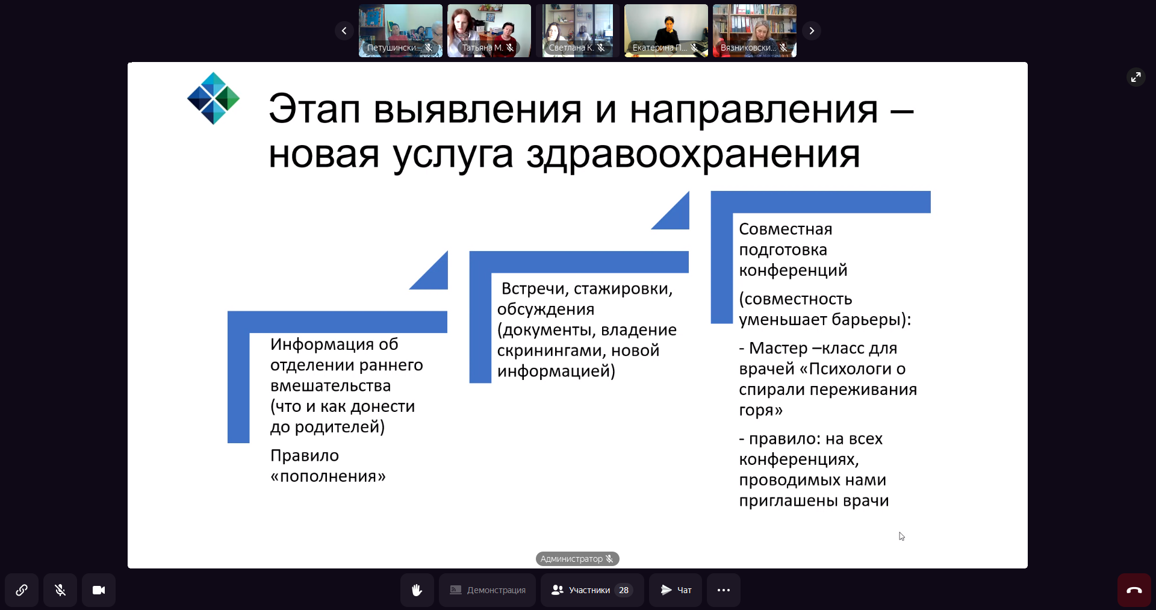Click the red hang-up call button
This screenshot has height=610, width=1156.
tap(1134, 590)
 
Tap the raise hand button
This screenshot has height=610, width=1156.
tap(417, 590)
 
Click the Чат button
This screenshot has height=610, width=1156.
tap(676, 590)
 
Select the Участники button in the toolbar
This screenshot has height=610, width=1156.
tap(592, 590)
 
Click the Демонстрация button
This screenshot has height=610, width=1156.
tap(487, 590)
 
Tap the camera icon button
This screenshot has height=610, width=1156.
tap(99, 590)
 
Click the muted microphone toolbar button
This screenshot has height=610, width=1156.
tap(60, 590)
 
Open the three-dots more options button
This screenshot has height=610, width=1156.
tap(724, 590)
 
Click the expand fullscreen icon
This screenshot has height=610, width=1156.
tap(1136, 77)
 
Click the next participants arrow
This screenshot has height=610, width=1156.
tap(812, 31)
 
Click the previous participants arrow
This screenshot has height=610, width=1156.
tap(344, 31)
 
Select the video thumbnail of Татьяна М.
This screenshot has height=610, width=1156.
tap(489, 31)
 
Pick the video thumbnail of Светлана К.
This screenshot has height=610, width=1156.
tap(577, 31)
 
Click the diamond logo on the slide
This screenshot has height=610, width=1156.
tap(213, 98)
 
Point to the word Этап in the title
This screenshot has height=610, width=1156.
tap(314, 110)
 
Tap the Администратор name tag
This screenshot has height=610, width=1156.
tap(577, 559)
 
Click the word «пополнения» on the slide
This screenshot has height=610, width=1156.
tap(328, 476)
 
